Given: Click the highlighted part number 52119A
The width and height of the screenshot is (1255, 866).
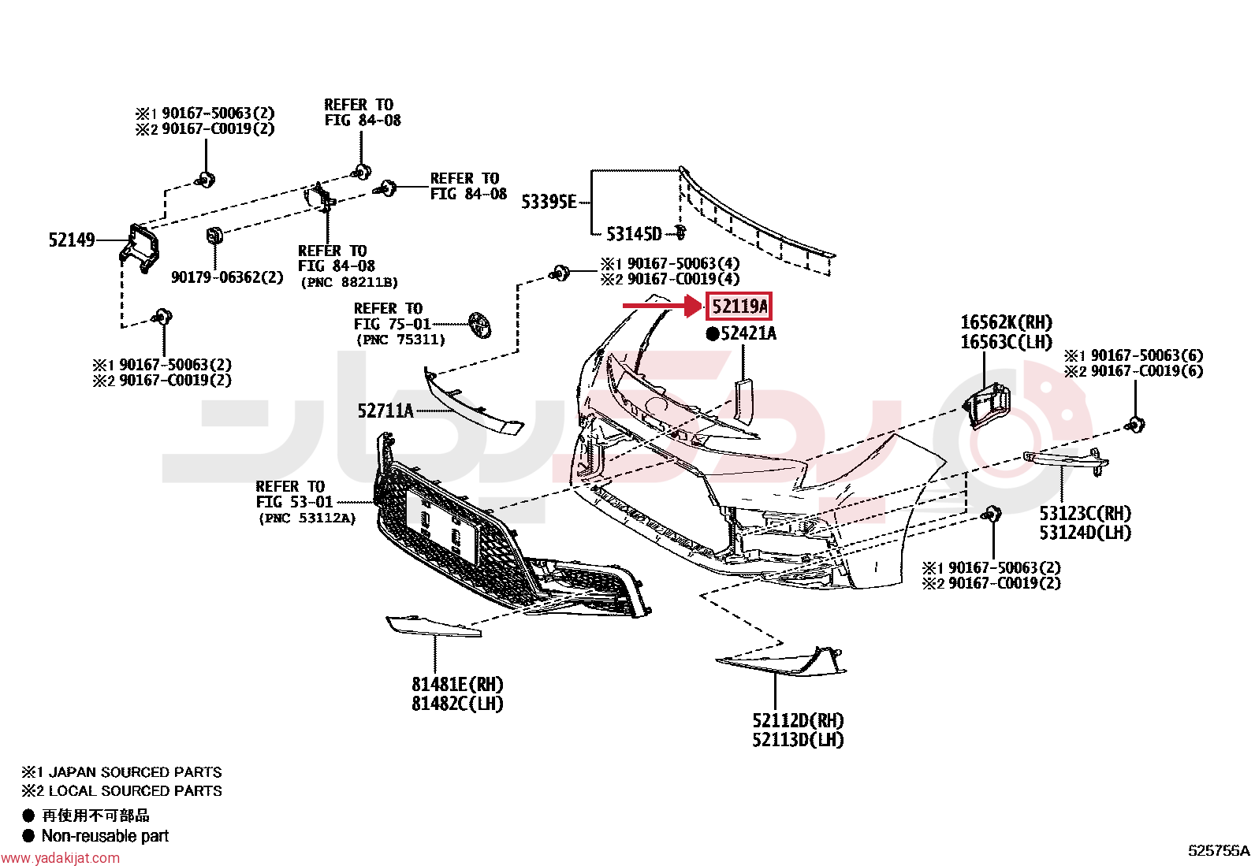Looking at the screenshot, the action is tap(739, 307).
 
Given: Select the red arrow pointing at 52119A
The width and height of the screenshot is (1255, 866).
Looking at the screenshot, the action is tap(662, 306).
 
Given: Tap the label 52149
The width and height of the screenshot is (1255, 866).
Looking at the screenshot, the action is tap(72, 240).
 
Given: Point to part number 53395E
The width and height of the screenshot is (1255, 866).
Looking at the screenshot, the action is tap(549, 202).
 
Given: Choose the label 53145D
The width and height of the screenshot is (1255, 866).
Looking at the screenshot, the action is tap(635, 234).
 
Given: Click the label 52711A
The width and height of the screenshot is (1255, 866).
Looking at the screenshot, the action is tap(385, 411).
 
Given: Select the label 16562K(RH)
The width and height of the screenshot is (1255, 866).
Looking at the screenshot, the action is tap(1007, 322).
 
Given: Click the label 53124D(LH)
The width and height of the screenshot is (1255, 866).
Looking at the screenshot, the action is tap(1086, 532).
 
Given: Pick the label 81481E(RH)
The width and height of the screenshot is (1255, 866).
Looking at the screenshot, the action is tap(458, 684).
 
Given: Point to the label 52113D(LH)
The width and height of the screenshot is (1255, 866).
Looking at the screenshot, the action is tap(798, 739).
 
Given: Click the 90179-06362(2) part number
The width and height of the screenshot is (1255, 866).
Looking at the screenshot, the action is tap(228, 277).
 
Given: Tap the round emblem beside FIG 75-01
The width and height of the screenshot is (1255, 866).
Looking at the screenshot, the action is tap(480, 325).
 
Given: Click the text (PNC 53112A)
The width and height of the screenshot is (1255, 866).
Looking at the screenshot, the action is tap(307, 518).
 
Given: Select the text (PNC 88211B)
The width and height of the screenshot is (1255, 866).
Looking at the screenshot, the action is tap(349, 282).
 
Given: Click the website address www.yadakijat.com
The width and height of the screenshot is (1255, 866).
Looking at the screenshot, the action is tap(60, 857).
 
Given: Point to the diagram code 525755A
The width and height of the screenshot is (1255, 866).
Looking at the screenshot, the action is tap(1220, 851).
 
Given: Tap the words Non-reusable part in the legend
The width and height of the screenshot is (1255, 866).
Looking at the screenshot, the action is tap(106, 836).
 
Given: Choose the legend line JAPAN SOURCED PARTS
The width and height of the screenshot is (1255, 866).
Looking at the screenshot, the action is tap(135, 772).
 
